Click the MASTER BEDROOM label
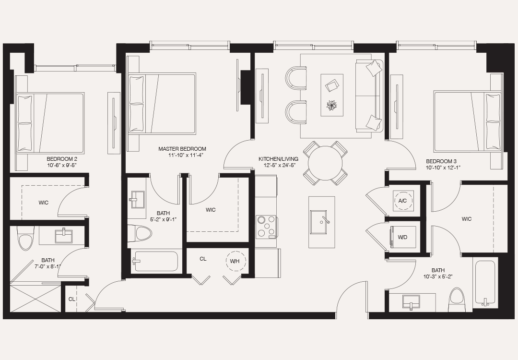click(x=182, y=149)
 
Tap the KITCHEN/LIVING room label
click(x=278, y=159)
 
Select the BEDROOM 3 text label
click(x=441, y=161)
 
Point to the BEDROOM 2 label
click(x=62, y=158)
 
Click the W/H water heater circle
click(x=235, y=261)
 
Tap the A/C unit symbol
click(x=402, y=201)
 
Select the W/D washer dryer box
click(x=403, y=237)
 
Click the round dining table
click(x=325, y=163)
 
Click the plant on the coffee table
click(x=331, y=105)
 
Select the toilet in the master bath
click(x=143, y=234)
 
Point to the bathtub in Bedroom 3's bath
click(x=485, y=283)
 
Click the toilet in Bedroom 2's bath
click(x=24, y=239)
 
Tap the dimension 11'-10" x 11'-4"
click(x=182, y=156)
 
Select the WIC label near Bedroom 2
click(x=44, y=203)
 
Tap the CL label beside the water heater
click(x=203, y=259)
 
